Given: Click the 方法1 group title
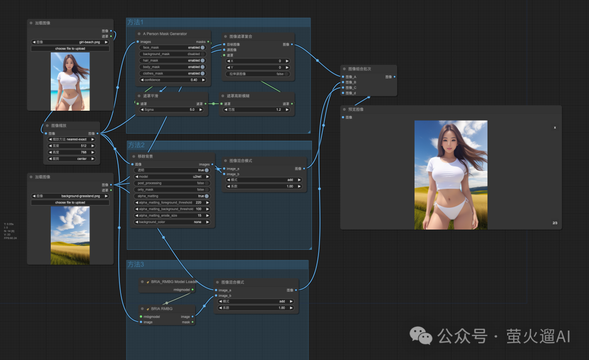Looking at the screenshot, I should tap(135, 22).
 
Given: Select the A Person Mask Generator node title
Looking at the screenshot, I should tap(165, 34).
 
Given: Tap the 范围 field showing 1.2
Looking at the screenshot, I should tap(257, 109).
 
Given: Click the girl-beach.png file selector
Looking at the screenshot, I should tap(70, 42).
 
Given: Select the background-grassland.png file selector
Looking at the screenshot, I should tap(70, 196).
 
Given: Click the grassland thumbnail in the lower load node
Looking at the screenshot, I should tap(70, 235).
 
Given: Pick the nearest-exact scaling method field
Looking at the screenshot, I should tap(71, 139).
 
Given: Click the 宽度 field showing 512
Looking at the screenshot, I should tap(71, 146).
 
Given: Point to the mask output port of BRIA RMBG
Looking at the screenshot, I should tap(193, 322).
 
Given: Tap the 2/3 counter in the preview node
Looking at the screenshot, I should tap(555, 223).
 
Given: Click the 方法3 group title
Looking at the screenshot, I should tap(136, 265).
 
